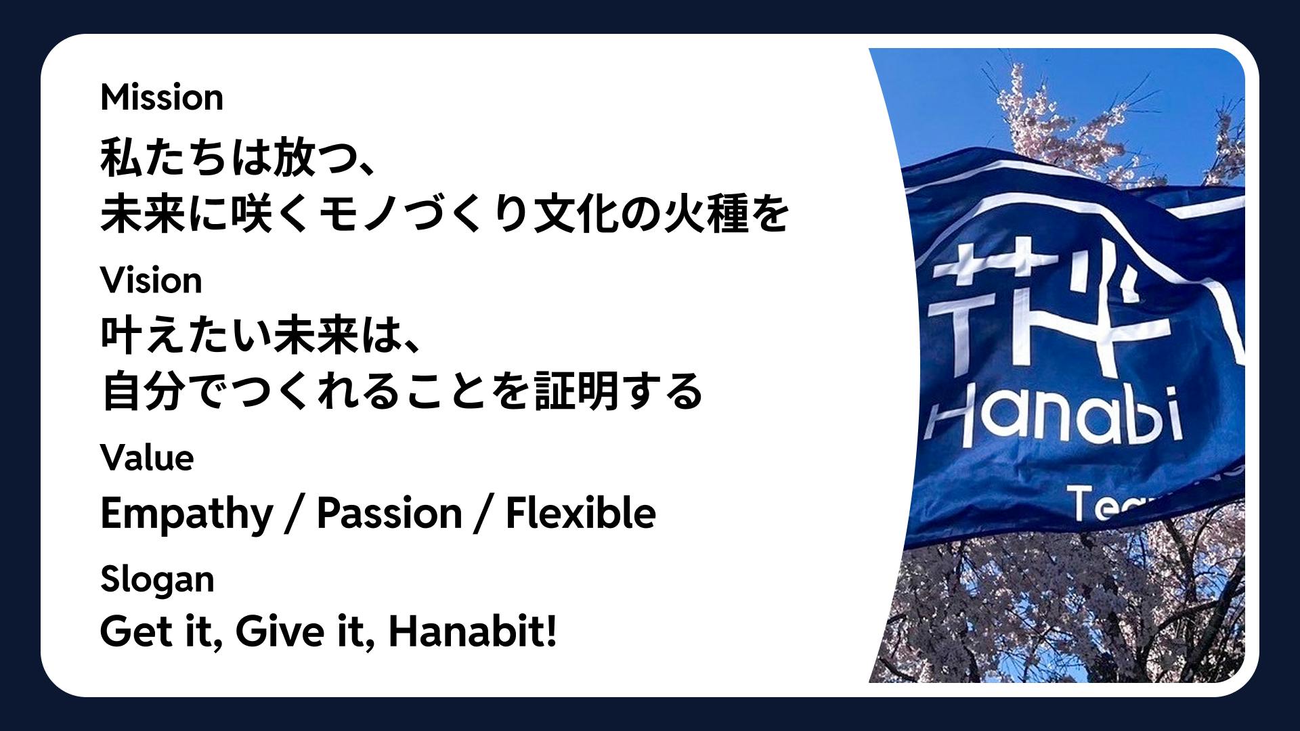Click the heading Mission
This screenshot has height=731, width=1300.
click(162, 97)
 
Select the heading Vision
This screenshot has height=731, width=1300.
click(151, 280)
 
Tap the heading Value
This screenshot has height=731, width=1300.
click(147, 458)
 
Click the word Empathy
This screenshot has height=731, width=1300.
click(186, 514)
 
